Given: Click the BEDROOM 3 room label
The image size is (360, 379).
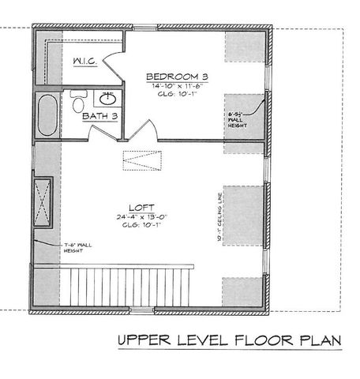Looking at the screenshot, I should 178,76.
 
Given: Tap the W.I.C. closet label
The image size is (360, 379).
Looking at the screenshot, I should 84,62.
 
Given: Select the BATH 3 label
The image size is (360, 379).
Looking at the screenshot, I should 101,117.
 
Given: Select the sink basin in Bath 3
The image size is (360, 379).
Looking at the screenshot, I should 107,98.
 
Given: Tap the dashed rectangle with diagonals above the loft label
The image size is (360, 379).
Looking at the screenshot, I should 142,160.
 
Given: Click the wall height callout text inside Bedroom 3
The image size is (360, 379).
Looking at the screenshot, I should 238,118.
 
